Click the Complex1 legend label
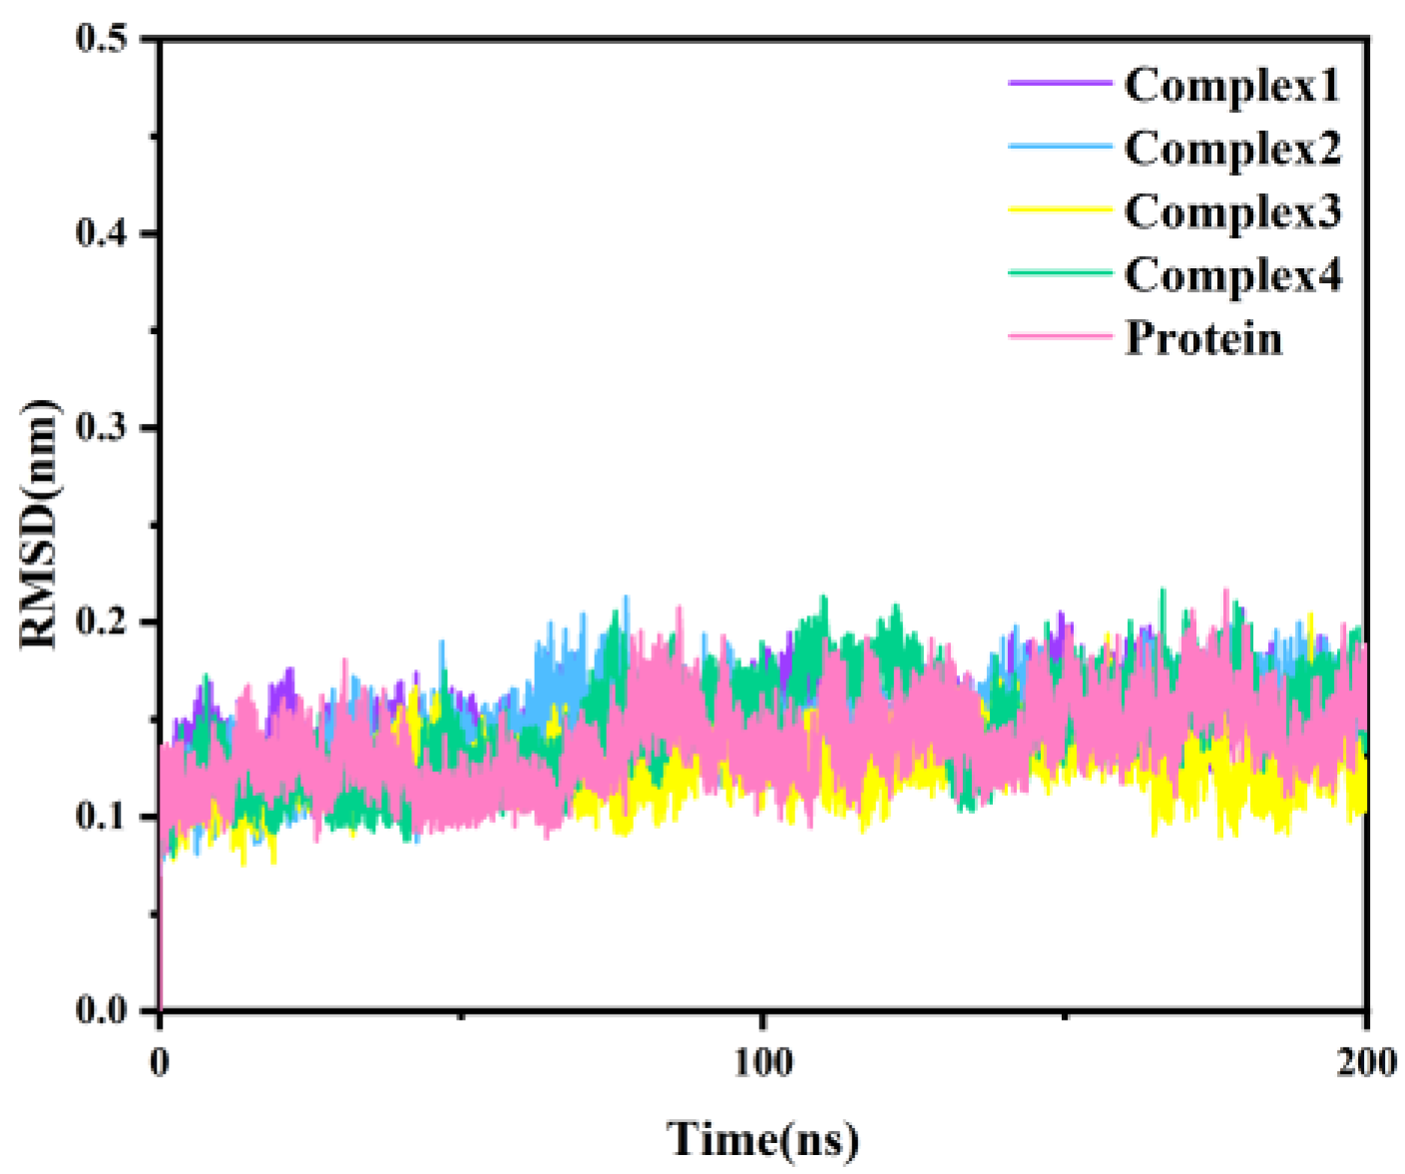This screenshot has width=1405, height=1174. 1231,86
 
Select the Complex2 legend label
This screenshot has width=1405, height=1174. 1232,149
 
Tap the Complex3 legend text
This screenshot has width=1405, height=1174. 1232,211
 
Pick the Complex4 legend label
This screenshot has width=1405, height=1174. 1232,275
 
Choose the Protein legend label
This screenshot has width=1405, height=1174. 1203,338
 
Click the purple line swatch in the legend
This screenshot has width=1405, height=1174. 1059,84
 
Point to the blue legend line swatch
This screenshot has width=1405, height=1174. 1059,147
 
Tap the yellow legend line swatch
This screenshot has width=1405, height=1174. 1059,209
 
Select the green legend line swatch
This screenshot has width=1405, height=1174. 1059,272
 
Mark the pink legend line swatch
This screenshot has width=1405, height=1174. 1059,336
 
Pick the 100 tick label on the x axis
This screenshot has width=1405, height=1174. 763,1062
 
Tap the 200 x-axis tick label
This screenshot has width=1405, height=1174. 1364,1062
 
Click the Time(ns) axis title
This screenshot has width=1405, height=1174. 763,1139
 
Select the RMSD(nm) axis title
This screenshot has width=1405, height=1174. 40,525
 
